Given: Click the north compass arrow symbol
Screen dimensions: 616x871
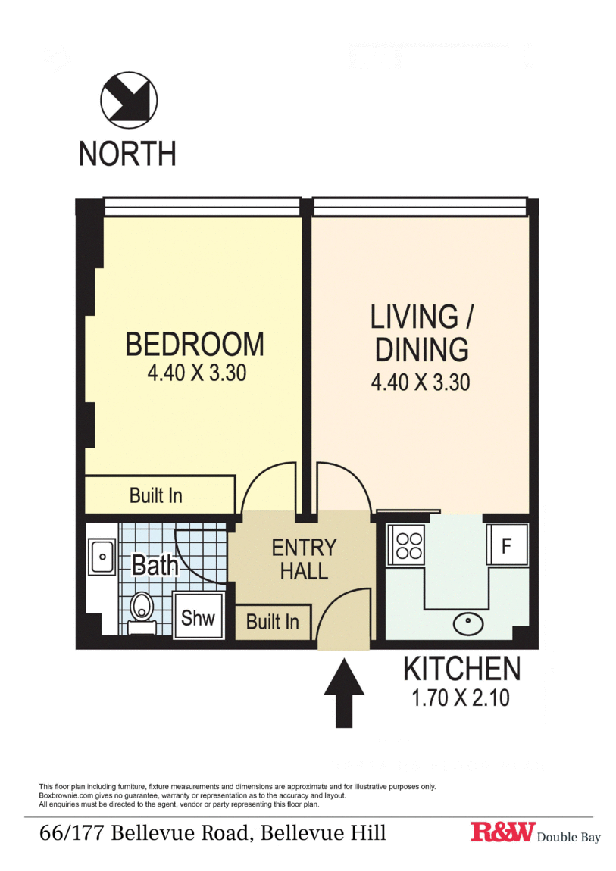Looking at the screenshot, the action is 129,100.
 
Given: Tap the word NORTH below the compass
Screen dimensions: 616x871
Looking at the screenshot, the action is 127,153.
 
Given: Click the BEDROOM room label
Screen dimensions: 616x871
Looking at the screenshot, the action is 195,344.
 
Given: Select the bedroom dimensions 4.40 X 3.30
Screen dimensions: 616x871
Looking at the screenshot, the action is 197,373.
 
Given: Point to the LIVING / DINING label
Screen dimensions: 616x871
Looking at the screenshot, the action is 421,332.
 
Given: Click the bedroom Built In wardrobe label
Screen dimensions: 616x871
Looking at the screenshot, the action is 156,495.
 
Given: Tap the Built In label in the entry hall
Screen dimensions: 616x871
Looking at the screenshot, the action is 273,622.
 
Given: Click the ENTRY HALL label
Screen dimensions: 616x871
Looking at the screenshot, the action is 304,560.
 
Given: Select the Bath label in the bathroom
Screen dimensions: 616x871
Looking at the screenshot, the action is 155,566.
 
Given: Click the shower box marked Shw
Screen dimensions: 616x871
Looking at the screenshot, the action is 198,616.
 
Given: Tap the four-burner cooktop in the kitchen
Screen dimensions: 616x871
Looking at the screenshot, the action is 409,545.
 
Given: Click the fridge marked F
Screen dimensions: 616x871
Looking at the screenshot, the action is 507,545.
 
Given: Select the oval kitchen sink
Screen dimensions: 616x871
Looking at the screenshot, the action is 468,624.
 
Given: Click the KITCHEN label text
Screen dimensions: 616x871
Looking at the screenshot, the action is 462,669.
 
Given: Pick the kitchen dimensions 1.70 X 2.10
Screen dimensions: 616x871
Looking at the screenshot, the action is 461,698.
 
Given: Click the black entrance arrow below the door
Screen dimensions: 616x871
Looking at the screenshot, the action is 344,693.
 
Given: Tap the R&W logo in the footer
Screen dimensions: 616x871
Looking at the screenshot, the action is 503,832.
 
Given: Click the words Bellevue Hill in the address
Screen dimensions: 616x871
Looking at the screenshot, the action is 324,832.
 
